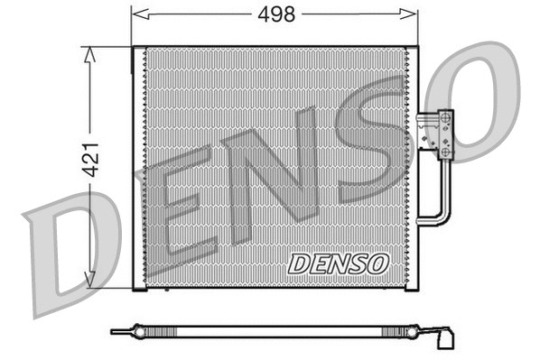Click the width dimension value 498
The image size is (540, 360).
(275, 14)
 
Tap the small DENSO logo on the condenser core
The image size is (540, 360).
(338, 263)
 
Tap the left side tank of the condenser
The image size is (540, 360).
(139, 168)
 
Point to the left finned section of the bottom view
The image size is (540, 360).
(199, 331)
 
